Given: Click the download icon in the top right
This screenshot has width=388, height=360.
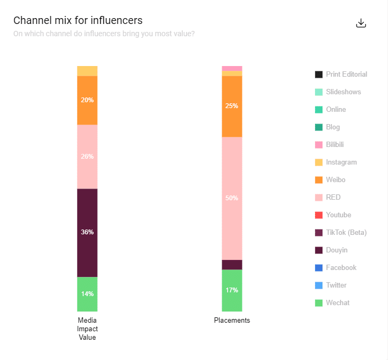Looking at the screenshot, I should click(x=361, y=23).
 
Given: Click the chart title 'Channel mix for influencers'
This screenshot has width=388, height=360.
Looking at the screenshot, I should click(x=78, y=21).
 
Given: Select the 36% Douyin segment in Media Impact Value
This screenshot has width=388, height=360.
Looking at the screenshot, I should click(x=87, y=232).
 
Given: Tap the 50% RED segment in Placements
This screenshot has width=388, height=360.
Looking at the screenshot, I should click(x=232, y=198).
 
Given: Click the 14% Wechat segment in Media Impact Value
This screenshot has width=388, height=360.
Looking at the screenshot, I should click(x=87, y=294).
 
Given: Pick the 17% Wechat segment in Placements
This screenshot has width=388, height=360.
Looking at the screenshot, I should click(x=232, y=290).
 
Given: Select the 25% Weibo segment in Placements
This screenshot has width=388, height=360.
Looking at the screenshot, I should click(x=232, y=106).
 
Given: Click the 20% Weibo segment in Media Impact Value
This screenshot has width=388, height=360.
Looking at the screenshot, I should click(x=87, y=100).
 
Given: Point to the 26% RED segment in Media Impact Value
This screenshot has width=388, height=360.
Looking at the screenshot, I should click(x=87, y=157).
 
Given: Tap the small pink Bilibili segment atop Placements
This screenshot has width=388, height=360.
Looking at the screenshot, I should click(x=232, y=68).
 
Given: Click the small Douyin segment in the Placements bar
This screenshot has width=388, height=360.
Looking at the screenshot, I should click(x=232, y=265).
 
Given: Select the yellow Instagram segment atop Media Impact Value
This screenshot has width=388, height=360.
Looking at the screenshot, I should click(x=87, y=71).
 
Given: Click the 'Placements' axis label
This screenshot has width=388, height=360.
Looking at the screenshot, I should click(x=232, y=321).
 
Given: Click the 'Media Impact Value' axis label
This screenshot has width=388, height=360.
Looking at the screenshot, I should click(x=87, y=329).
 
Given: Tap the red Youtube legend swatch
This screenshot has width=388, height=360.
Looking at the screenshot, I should click(x=319, y=215).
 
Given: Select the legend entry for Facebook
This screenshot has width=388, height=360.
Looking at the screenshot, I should click(x=341, y=268).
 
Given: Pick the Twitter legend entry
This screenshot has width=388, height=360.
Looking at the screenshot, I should click(x=336, y=285).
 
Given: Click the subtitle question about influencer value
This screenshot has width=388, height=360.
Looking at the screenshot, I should click(x=104, y=34).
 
